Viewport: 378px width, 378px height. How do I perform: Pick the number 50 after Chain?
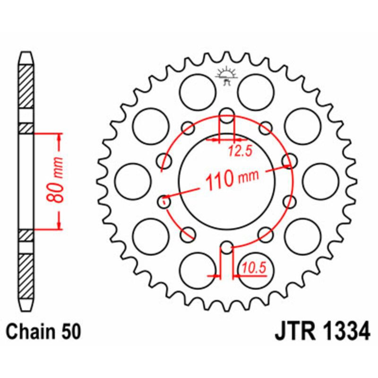[x=69, y=331]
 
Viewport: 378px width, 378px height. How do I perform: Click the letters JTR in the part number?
[x=293, y=331]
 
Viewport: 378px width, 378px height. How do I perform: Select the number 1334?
[x=344, y=331]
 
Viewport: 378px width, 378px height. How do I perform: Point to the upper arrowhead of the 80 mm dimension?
[x=59, y=137]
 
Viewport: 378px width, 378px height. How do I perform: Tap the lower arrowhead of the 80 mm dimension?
[x=59, y=225]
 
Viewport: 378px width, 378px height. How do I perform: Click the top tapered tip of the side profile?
[x=26, y=57]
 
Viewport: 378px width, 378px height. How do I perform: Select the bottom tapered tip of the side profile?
[x=26, y=302]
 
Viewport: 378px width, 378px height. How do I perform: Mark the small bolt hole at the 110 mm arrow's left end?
[x=163, y=202]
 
